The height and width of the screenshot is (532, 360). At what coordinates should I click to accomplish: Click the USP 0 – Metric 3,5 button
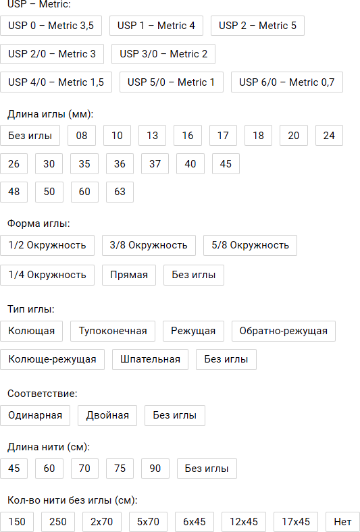click(x=51, y=26)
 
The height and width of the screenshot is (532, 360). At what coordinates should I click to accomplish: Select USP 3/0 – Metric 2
click(x=163, y=54)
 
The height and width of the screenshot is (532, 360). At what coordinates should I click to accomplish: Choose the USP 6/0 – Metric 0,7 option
click(x=287, y=82)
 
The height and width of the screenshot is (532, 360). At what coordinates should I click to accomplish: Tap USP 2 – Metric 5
click(x=257, y=26)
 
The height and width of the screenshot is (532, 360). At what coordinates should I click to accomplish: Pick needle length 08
click(x=82, y=136)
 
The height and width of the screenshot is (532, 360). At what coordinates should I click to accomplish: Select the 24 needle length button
click(x=329, y=136)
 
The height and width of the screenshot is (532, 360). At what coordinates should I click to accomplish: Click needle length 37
click(x=155, y=164)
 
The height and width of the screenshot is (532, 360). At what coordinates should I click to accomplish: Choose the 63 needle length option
click(x=120, y=192)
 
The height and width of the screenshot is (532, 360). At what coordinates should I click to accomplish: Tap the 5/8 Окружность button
click(x=250, y=245)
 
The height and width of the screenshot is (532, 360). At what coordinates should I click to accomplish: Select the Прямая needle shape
click(x=129, y=275)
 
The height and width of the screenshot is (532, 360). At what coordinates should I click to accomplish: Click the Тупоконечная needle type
click(x=113, y=331)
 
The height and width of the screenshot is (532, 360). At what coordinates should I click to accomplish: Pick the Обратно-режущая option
click(x=284, y=331)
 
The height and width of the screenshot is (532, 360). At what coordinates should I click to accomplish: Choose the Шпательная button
click(x=151, y=359)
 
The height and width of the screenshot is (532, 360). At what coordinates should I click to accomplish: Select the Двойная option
click(x=107, y=415)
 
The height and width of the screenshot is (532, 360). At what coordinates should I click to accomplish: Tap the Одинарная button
click(x=35, y=415)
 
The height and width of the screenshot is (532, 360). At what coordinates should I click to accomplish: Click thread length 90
click(x=155, y=469)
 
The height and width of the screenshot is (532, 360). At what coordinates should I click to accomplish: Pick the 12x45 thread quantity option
click(x=244, y=522)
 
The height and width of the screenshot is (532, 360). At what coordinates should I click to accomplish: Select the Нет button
click(x=342, y=522)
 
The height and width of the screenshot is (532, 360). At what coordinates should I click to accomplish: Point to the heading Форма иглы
click(x=38, y=223)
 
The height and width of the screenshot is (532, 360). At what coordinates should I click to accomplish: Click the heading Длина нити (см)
click(x=49, y=447)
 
